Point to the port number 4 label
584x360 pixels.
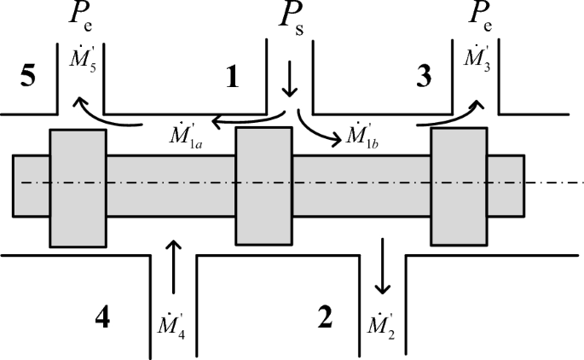click(102, 318)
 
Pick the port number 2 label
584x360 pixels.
click(324, 318)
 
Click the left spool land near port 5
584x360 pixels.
click(78, 186)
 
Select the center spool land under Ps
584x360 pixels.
click(264, 186)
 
